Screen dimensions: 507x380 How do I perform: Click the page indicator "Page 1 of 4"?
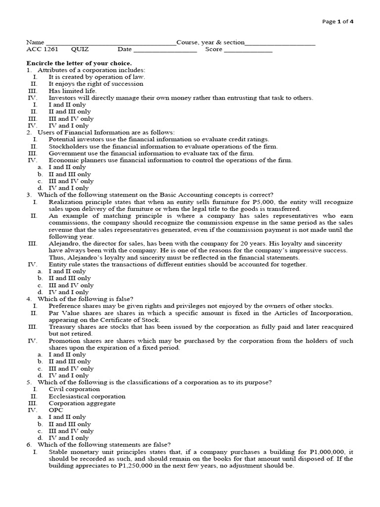coord(338,21)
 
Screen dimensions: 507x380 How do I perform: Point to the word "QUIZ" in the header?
coord(80,50)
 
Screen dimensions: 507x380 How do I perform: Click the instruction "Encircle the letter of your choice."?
coord(79,63)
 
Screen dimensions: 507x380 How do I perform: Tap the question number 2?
coord(29,133)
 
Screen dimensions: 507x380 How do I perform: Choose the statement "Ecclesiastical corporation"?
coord(87,396)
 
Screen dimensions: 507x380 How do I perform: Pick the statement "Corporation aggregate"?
coord(82,403)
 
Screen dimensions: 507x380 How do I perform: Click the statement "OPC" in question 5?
coord(56,410)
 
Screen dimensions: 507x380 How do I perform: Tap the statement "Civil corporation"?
coord(74,389)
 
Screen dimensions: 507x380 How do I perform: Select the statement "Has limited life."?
coord(73,91)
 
